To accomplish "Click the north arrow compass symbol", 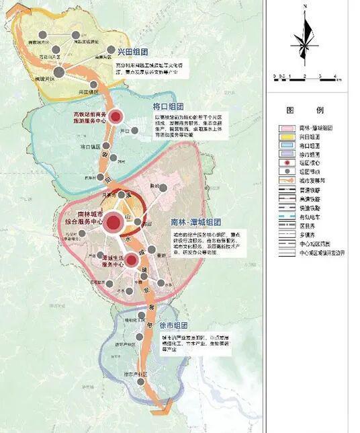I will pos(306,40).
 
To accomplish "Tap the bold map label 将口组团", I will pos(169,106).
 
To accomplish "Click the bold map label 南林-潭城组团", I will pos(196,222).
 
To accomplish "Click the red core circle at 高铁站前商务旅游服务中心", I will pos(118,117).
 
